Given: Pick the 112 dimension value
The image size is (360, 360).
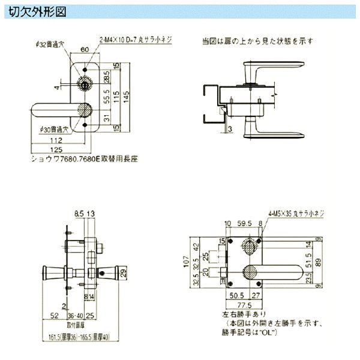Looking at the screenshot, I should point(58,141).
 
